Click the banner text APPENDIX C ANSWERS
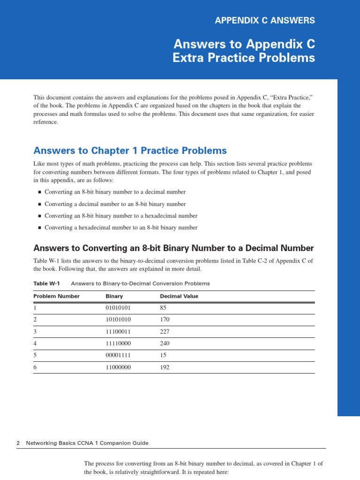264,20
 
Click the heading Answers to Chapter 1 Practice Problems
130,150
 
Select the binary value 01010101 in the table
118,308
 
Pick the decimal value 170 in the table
165,320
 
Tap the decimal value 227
165,331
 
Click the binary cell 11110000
118,343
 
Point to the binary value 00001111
118,355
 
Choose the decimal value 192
165,367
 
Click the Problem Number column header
56,296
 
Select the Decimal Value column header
179,296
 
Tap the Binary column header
114,296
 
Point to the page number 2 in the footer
18,443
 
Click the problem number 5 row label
35,355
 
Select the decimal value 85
163,308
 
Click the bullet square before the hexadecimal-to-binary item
39,228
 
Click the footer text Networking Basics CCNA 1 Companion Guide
87,443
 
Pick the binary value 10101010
118,320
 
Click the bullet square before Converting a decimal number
39,204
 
